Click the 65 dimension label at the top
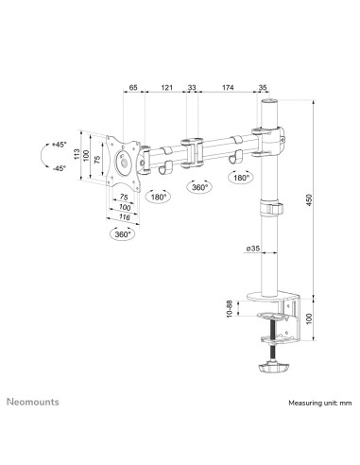132,87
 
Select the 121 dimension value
166,87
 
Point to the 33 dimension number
193,87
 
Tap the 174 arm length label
228,87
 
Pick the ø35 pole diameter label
239,250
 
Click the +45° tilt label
60,145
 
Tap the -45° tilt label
60,168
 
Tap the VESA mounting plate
124,161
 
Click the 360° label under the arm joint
199,187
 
